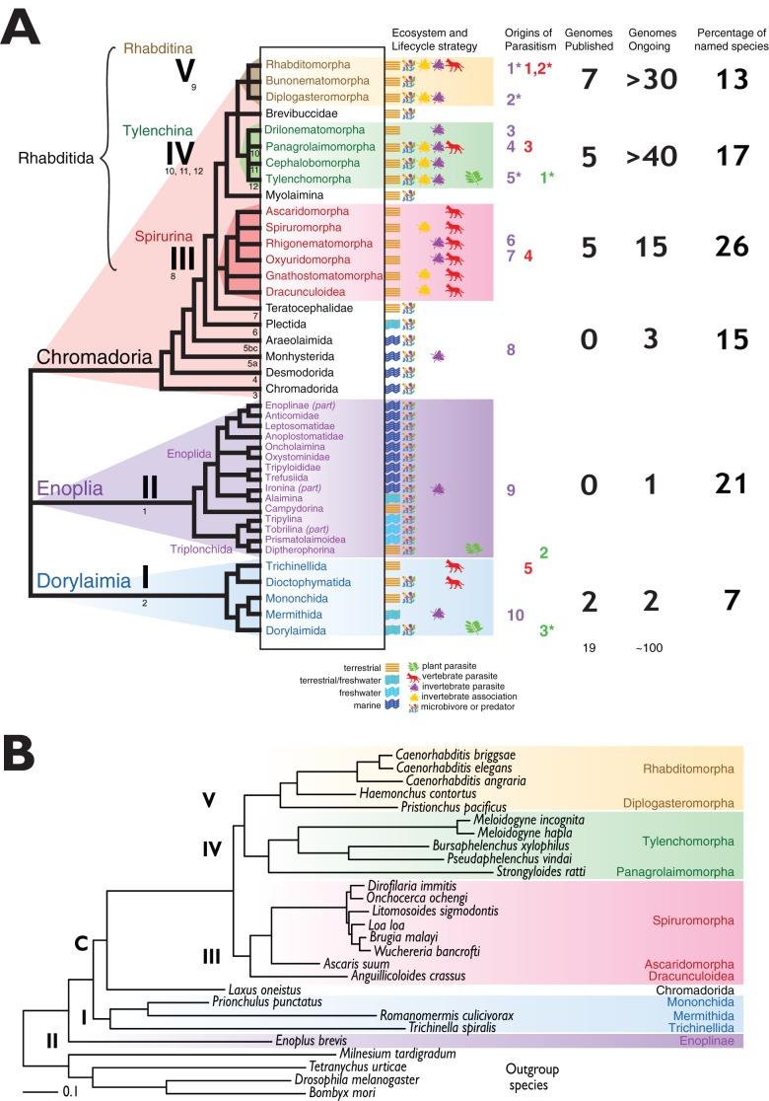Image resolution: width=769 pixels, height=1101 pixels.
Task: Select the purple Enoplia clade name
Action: [71, 488]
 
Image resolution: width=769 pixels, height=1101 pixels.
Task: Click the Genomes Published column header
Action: [588, 39]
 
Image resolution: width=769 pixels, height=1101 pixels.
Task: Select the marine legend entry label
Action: [364, 704]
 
